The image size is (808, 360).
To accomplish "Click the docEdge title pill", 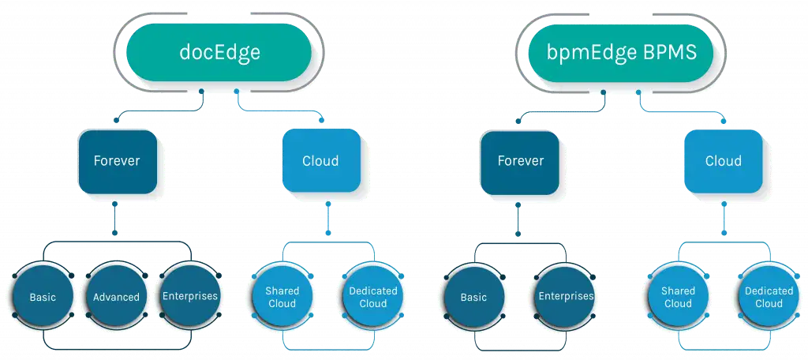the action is tap(219, 52).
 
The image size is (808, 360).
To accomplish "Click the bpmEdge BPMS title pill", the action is tap(621, 52).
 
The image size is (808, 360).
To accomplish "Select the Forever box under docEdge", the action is tap(118, 161).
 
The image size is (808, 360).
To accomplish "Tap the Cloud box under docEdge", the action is tap(321, 160).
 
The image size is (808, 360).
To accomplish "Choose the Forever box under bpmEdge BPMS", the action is tap(519, 161).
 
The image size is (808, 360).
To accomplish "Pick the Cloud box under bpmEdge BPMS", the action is tap(723, 161).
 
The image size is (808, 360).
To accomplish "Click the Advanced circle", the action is tap(116, 297).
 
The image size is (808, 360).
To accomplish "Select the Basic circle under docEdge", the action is tap(43, 297).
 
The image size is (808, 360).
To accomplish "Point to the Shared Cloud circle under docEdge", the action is tap(282, 296).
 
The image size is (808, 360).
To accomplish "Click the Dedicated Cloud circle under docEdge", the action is tap(373, 296).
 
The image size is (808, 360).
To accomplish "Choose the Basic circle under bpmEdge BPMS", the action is tap(473, 297).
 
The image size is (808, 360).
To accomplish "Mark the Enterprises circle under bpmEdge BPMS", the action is tap(565, 296).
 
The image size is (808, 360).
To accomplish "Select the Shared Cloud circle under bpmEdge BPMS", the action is tap(678, 297).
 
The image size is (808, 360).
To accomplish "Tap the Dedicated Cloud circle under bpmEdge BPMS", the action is tap(769, 297).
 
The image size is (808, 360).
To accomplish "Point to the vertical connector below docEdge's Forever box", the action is tap(115, 218).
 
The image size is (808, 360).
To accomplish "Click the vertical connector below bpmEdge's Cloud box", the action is tap(724, 218).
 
